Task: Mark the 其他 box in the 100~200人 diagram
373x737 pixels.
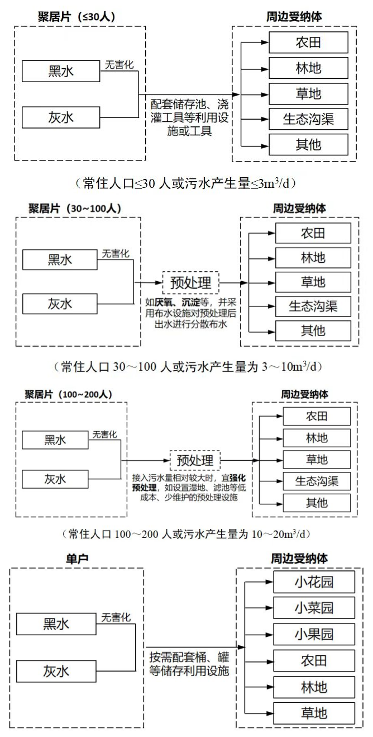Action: [x=317, y=503]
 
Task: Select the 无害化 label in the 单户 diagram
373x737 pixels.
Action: [x=116, y=618]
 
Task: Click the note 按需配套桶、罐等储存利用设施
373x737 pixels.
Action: [x=189, y=663]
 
